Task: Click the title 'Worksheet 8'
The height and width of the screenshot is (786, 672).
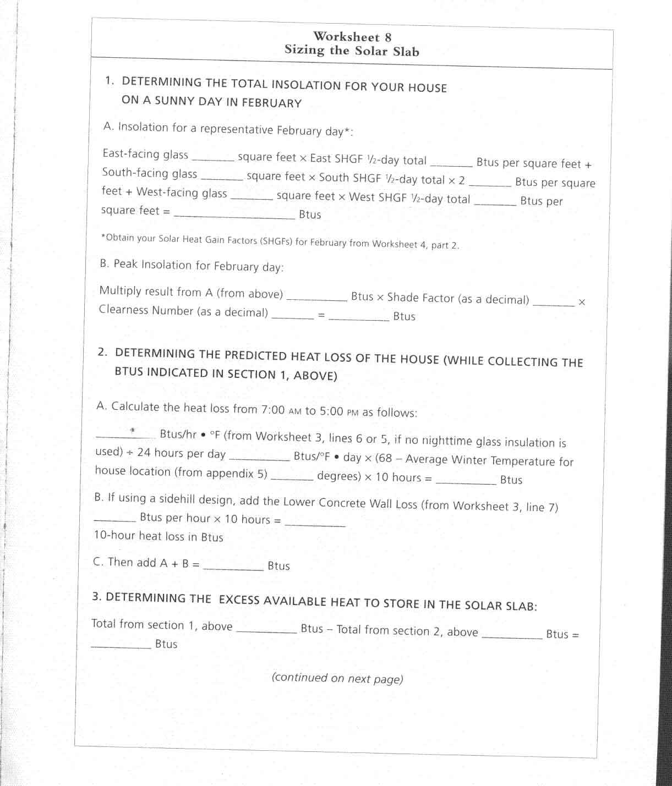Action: point(352,37)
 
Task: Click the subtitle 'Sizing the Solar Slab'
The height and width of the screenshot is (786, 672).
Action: point(352,51)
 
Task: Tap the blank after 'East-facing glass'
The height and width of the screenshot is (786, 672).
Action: point(213,158)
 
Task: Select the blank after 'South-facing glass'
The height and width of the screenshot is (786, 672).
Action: point(222,178)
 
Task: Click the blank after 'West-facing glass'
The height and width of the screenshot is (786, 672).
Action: point(252,197)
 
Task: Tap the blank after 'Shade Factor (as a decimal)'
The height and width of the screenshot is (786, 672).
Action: point(554,303)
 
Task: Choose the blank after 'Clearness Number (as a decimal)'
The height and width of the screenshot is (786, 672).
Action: point(293,316)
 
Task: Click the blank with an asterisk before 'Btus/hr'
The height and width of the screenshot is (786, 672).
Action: point(125,435)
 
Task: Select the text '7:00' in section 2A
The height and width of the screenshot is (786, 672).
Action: point(273,410)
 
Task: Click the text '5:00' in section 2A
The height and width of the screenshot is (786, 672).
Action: point(331,411)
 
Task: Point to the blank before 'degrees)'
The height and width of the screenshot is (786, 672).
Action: point(292,478)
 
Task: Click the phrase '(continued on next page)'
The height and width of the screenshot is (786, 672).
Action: point(337,678)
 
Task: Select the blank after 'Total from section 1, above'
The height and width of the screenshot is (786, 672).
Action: point(266,631)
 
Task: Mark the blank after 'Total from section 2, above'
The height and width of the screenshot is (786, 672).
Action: point(512,636)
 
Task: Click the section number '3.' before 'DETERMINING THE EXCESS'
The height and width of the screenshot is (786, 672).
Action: point(96,596)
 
